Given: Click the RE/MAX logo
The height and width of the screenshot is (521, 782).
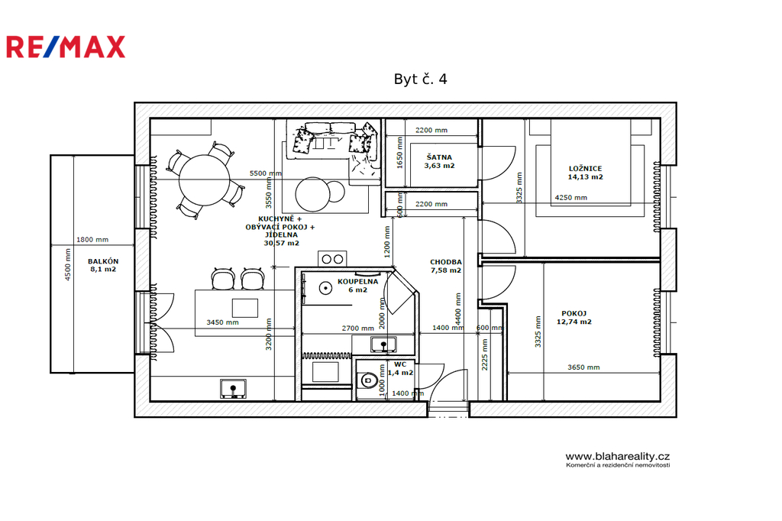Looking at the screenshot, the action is pyautogui.click(x=66, y=47).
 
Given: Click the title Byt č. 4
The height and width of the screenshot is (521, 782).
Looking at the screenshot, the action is pyautogui.click(x=421, y=79).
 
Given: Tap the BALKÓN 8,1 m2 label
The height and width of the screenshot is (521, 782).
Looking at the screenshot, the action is pyautogui.click(x=103, y=265).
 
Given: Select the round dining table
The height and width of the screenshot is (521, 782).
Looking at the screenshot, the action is pyautogui.click(x=205, y=180).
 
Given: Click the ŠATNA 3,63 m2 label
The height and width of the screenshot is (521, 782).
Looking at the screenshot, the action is pyautogui.click(x=439, y=161).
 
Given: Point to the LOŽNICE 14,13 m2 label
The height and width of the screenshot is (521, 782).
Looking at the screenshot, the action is pyautogui.click(x=586, y=173).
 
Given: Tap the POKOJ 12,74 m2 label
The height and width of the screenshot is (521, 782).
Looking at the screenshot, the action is pyautogui.click(x=574, y=318).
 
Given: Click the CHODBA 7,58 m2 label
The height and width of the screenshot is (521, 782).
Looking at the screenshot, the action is pyautogui.click(x=446, y=266).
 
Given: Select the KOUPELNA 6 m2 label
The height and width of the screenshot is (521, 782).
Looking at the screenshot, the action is pyautogui.click(x=357, y=286).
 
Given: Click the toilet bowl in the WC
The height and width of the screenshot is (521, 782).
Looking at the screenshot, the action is pyautogui.click(x=367, y=380).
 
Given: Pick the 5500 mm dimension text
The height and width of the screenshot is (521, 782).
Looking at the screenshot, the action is pyautogui.click(x=265, y=173).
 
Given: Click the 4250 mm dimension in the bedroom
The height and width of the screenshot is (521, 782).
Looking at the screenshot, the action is pyautogui.click(x=571, y=198).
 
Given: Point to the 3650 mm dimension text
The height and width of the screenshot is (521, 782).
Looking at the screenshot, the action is pyautogui.click(x=583, y=367).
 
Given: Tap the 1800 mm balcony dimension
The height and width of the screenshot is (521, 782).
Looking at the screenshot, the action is pyautogui.click(x=92, y=240).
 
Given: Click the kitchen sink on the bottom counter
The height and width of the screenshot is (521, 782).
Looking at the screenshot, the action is pyautogui.click(x=233, y=389).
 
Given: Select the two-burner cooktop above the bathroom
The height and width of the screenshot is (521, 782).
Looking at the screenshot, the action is pyautogui.click(x=332, y=259).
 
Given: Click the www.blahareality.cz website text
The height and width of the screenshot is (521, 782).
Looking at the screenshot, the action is pyautogui.click(x=617, y=456).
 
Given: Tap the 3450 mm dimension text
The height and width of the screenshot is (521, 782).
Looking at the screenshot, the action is pyautogui.click(x=222, y=322).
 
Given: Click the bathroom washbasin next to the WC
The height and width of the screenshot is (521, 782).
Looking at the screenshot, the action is pyautogui.click(x=383, y=344).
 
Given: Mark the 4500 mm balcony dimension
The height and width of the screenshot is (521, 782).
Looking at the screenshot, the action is pyautogui.click(x=68, y=264).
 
